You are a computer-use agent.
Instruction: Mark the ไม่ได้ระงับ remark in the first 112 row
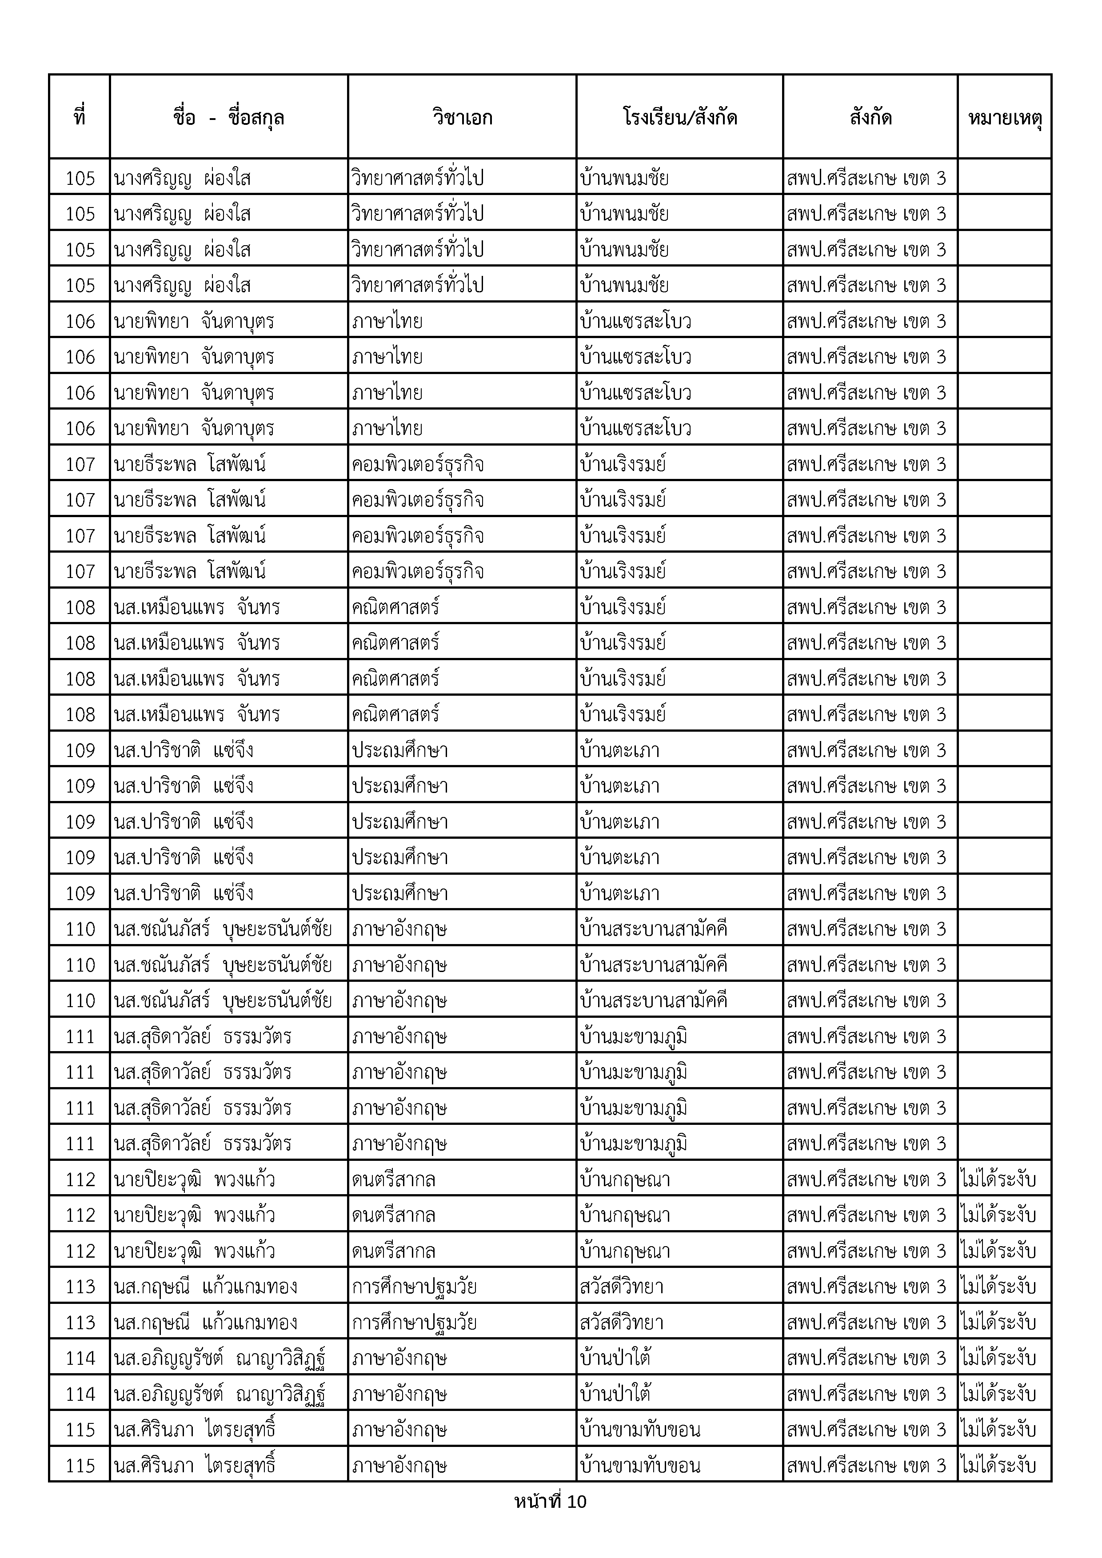[x=998, y=1179]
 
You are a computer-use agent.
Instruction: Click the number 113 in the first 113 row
[x=80, y=1287]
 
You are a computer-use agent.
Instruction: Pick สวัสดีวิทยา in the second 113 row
[x=622, y=1323]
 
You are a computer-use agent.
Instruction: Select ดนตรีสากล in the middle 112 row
[x=394, y=1215]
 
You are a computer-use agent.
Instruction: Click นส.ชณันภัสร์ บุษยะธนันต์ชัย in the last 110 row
[x=223, y=1001]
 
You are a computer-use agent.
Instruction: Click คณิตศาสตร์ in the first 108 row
[x=395, y=607]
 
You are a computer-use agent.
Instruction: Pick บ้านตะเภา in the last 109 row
[x=619, y=893]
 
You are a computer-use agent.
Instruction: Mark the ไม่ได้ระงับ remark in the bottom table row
[x=998, y=1465]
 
